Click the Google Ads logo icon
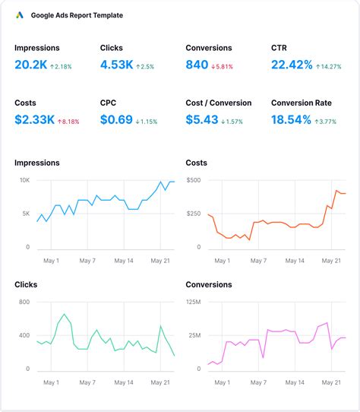[21, 15]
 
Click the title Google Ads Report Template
[77, 15]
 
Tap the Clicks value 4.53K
[117, 65]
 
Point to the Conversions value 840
[197, 65]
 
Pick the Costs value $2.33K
[34, 119]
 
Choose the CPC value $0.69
[118, 119]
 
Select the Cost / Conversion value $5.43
[203, 119]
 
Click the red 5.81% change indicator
[222, 67]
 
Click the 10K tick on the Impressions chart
[24, 180]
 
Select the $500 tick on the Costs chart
[193, 180]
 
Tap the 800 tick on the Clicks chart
[24, 302]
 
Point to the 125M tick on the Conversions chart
[193, 302]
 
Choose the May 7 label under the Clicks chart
[88, 382]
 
